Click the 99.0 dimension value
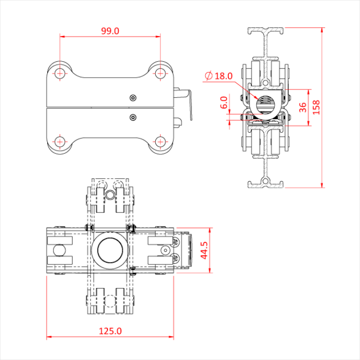[x=110, y=31]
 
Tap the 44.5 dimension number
[x=205, y=250]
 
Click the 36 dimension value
[x=303, y=107]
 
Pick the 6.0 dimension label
[x=223, y=103]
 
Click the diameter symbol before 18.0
[x=208, y=76]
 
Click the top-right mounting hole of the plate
[x=160, y=73]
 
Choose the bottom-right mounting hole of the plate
[x=160, y=141]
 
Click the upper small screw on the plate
[x=133, y=98]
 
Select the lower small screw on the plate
[x=133, y=117]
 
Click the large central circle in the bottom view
[x=110, y=250]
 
